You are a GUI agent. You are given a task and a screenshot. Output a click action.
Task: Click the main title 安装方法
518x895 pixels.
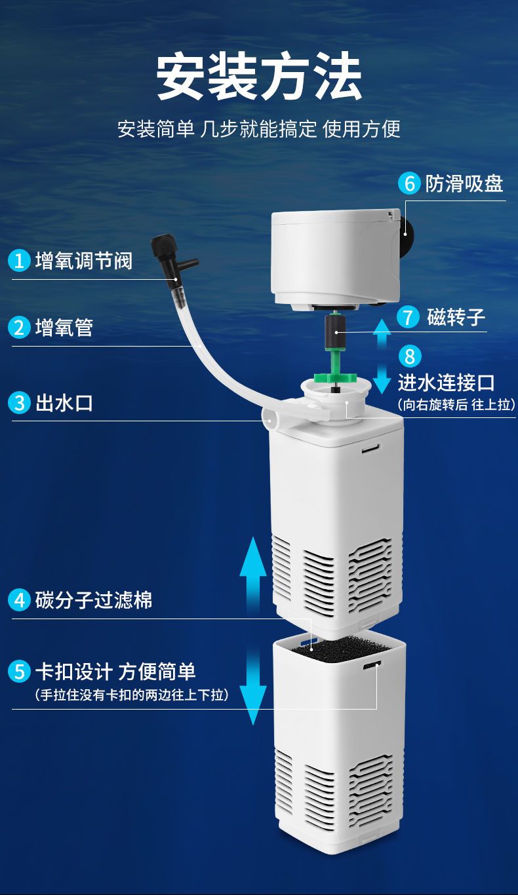point(259,77)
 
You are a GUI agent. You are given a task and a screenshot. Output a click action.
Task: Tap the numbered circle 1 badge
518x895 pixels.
point(19,261)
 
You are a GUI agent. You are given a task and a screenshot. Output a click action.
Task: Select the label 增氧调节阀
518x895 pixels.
point(83,261)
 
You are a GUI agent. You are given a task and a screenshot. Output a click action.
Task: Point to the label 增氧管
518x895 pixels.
point(64,328)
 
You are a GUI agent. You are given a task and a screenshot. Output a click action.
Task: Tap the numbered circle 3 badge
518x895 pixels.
point(19,403)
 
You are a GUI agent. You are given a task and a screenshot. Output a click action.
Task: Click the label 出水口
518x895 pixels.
point(64,403)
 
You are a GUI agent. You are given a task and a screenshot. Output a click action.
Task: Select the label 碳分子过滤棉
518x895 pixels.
point(94,600)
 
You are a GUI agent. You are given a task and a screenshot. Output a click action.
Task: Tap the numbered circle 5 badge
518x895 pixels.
point(19,671)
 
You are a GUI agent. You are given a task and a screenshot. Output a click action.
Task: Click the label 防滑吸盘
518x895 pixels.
point(464,184)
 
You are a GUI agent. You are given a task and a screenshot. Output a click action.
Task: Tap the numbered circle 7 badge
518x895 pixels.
point(408,317)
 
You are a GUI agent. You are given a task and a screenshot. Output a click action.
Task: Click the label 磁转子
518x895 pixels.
point(456,317)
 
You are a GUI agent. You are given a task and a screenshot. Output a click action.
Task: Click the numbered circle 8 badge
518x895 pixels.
point(410,356)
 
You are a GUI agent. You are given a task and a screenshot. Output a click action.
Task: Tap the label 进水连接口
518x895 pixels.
point(447,383)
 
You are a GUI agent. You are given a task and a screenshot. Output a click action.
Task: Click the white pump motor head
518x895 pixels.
point(335,259)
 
